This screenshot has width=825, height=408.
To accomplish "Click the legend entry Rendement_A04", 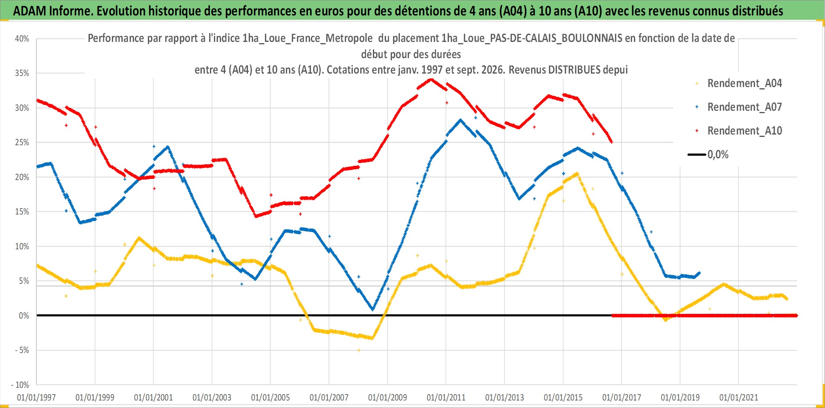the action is [x=739, y=83].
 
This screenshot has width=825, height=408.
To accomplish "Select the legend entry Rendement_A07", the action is [x=739, y=107].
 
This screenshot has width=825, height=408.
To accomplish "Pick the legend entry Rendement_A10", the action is [x=739, y=131].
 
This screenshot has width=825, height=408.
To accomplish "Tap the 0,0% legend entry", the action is [x=708, y=154].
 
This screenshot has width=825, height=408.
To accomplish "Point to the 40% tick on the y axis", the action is [x=22, y=39].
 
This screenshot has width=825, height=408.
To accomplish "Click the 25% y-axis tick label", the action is [x=22, y=142].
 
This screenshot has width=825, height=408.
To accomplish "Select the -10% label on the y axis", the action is [x=20, y=385].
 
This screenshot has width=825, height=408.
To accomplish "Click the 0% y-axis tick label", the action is [x=24, y=316].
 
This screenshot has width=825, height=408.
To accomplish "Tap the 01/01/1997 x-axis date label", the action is [x=36, y=397].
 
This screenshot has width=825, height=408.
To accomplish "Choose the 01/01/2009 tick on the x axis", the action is [x=388, y=397].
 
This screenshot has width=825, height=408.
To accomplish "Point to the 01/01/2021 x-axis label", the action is [x=739, y=397].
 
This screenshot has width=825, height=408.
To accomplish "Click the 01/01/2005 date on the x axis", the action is [x=271, y=397].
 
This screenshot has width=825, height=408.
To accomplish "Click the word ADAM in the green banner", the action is [x=30, y=11].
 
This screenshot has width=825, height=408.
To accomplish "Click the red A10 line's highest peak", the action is [x=431, y=79].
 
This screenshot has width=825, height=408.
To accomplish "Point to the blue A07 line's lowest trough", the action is [x=373, y=309].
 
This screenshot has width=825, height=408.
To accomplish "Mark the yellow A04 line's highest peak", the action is [x=577, y=173].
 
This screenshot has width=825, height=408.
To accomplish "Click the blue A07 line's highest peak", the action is [x=460, y=120].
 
